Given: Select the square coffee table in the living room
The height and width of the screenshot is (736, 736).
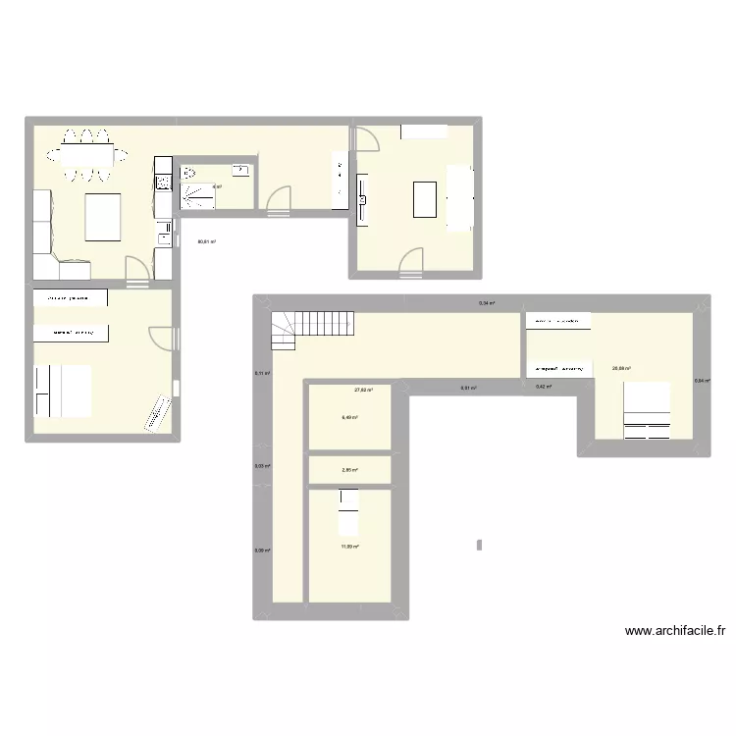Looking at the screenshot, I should pyautogui.click(x=103, y=217).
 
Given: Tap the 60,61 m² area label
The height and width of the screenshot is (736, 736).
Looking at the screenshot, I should pyautogui.click(x=206, y=241).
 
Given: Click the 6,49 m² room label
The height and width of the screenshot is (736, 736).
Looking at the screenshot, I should pyautogui.click(x=349, y=417).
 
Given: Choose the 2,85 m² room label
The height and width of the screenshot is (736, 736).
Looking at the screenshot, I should pyautogui.click(x=349, y=470).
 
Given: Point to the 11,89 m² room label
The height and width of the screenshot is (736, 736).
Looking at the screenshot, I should pyautogui.click(x=349, y=548).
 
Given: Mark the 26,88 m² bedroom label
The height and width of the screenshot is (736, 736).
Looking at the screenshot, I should pyautogui.click(x=621, y=369).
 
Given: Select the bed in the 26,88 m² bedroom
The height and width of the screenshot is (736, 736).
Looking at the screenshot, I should pyautogui.click(x=648, y=410).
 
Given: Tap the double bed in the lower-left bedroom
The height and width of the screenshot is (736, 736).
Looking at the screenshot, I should pyautogui.click(x=63, y=391).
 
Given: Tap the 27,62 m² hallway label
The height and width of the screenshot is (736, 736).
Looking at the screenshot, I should pyautogui.click(x=363, y=390).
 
